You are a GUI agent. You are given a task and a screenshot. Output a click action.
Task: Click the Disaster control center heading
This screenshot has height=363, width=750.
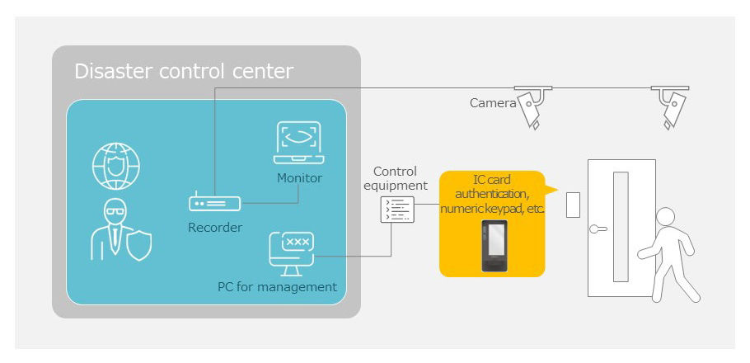pyautogui.click(x=184, y=71)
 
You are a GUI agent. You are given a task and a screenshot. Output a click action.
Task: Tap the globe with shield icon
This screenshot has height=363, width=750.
pyautogui.click(x=115, y=166)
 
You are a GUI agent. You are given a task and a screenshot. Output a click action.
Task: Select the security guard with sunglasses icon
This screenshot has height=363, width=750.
pyautogui.click(x=121, y=229)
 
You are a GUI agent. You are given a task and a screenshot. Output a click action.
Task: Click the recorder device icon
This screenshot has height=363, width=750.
pyautogui.click(x=215, y=203)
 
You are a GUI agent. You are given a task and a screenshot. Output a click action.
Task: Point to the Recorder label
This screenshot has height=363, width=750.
pyautogui.click(x=215, y=227)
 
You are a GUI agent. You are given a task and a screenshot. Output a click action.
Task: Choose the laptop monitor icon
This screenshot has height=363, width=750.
pyautogui.click(x=299, y=142)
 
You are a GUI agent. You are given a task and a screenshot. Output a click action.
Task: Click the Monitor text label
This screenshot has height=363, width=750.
pyautogui.click(x=299, y=178)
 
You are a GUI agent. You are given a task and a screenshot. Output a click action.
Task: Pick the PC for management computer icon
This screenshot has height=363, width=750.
pyautogui.click(x=291, y=254)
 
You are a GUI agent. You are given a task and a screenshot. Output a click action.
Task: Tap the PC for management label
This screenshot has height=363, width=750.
pyautogui.click(x=278, y=287)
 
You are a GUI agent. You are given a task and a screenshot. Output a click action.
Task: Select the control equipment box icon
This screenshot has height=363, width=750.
pyautogui.click(x=397, y=210)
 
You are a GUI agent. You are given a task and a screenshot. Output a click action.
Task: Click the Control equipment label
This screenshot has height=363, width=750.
pyautogui.click(x=396, y=178)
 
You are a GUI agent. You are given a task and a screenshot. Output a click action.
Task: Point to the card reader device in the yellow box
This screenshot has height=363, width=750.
pyautogui.click(x=495, y=246)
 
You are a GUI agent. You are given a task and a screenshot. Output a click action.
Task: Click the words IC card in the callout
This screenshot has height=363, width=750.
pyautogui.click(x=492, y=180)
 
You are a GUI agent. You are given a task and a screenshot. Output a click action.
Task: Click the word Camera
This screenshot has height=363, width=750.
pyautogui.click(x=493, y=103)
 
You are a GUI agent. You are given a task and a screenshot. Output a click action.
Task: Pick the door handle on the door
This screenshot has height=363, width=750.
pyautogui.click(x=598, y=229)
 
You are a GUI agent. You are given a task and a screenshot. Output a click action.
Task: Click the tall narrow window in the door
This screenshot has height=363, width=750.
pyautogui.click(x=621, y=227)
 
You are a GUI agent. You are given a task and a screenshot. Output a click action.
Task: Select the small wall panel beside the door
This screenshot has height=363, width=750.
pyautogui.click(x=573, y=205)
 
